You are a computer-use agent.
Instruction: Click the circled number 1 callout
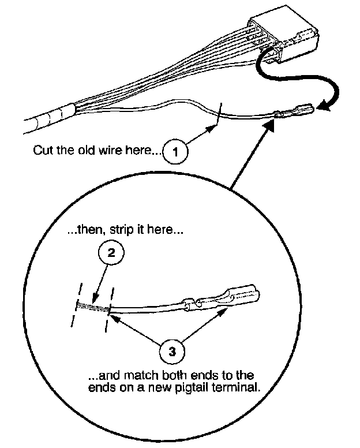coord(177,152)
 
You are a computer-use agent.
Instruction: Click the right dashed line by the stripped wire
coord(109,309)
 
